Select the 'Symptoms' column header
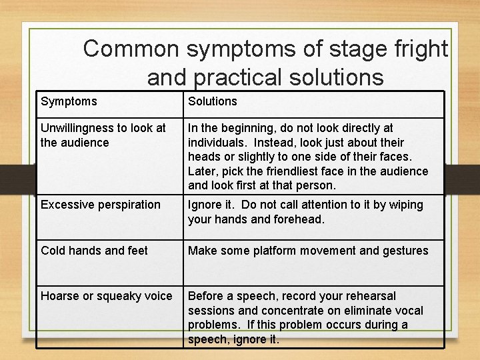[x=69, y=101]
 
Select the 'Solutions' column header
[x=212, y=101]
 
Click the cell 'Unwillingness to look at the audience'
[x=103, y=135]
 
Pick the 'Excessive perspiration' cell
[x=101, y=205]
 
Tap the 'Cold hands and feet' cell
[x=94, y=251]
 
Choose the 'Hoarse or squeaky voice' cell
[x=107, y=296]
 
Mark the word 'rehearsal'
[x=368, y=296]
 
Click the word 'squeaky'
[x=119, y=296]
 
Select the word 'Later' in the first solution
[x=202, y=171]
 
